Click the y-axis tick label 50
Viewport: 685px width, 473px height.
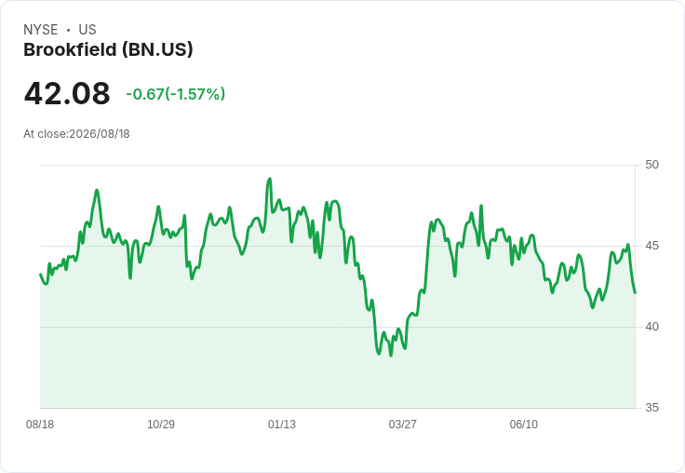pos(651,165)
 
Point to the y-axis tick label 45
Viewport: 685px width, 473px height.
pos(651,246)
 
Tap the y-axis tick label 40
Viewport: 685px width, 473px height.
pos(651,327)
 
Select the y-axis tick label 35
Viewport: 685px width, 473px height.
pos(651,408)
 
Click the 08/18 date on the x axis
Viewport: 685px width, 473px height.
pos(40,425)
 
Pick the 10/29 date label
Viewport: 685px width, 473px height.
pos(161,425)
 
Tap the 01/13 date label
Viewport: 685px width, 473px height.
pos(282,425)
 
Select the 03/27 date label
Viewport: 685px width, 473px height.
pos(402,425)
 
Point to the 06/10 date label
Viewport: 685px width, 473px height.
pos(523,425)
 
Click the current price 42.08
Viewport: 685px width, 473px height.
pos(67,93)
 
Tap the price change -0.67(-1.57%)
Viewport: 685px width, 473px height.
pos(176,94)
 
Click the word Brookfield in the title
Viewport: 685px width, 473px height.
pos(70,50)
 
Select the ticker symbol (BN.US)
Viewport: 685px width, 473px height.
pos(157,50)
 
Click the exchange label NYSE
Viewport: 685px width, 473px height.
pos(41,30)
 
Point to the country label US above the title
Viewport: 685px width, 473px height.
pos(87,30)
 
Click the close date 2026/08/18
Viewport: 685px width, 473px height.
pos(100,134)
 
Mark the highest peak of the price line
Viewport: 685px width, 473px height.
pos(270,179)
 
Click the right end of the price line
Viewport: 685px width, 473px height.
pos(635,292)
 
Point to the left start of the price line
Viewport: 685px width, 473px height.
pos(40,274)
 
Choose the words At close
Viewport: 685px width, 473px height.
pos(45,134)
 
